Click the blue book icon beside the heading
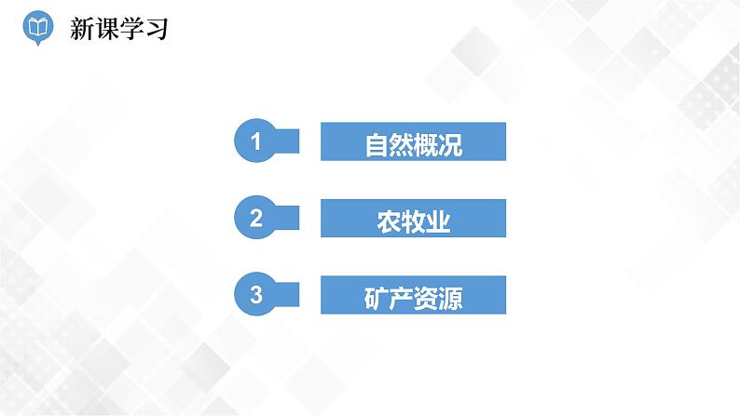click(36, 28)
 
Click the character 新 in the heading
click(82, 28)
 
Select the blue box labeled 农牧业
click(413, 220)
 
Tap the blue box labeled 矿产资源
click(413, 297)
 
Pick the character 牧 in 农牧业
click(414, 221)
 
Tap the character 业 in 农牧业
click(438, 221)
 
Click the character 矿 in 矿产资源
click(377, 298)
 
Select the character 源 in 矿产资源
click(450, 298)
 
